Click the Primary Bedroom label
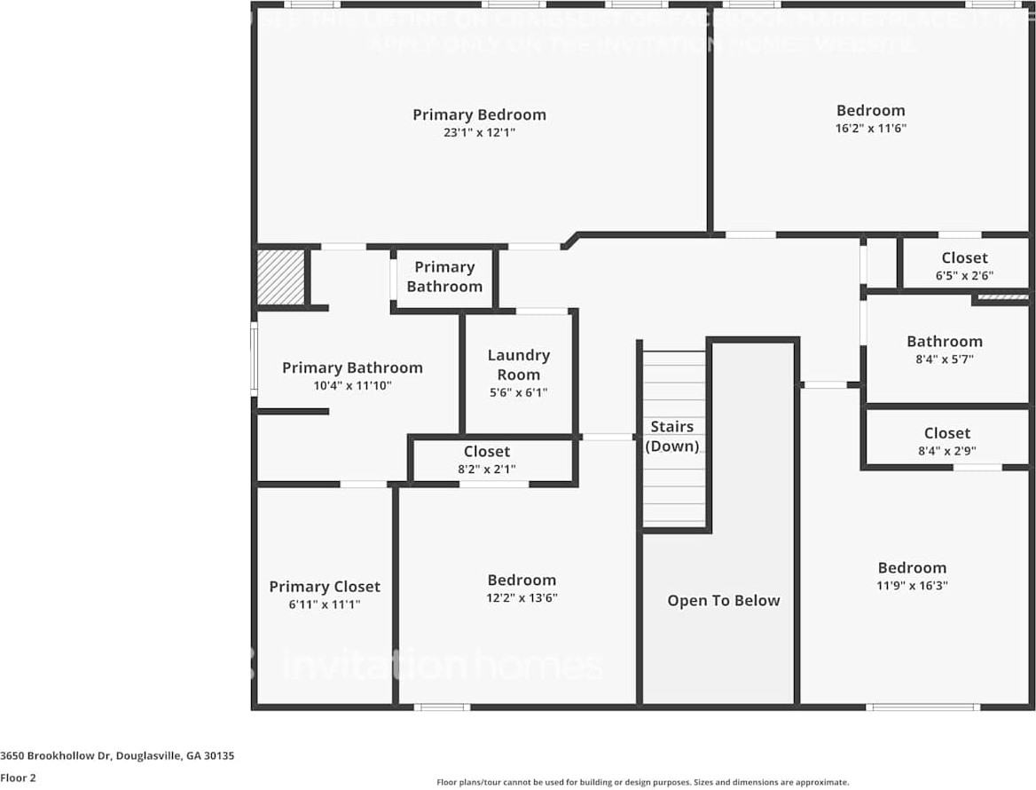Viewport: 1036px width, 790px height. pyautogui.click(x=479, y=115)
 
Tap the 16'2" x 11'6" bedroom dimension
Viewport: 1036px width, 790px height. pyautogui.click(x=870, y=128)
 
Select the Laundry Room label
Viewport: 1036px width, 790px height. pyautogui.click(x=519, y=364)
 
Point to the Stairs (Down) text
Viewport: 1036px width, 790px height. pyautogui.click(x=672, y=437)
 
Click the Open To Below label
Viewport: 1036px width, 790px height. pyautogui.click(x=724, y=601)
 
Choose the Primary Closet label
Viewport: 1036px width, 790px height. pyautogui.click(x=325, y=587)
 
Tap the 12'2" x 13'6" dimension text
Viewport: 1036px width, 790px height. pyautogui.click(x=522, y=597)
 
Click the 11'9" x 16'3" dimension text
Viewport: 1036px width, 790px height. pyautogui.click(x=912, y=585)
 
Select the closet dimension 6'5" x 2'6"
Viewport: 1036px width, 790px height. pyautogui.click(x=964, y=276)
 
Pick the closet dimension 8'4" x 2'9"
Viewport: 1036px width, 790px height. pyautogui.click(x=946, y=450)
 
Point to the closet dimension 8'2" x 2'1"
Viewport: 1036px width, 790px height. pyautogui.click(x=487, y=469)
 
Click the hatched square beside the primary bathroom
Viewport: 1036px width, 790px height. pyautogui.click(x=281, y=277)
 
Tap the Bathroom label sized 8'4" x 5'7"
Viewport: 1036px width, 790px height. pyautogui.click(x=944, y=342)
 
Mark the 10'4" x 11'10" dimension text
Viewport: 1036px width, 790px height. pyautogui.click(x=352, y=385)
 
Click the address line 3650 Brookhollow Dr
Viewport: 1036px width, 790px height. pyautogui.click(x=117, y=756)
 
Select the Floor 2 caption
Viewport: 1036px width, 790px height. pyautogui.click(x=18, y=778)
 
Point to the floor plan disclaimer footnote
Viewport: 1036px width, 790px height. pyautogui.click(x=642, y=782)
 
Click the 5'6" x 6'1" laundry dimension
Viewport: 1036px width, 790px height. pyautogui.click(x=519, y=392)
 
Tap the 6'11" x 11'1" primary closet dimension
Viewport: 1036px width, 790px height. pyautogui.click(x=325, y=604)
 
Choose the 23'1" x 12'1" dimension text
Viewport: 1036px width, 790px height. pyautogui.click(x=479, y=132)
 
